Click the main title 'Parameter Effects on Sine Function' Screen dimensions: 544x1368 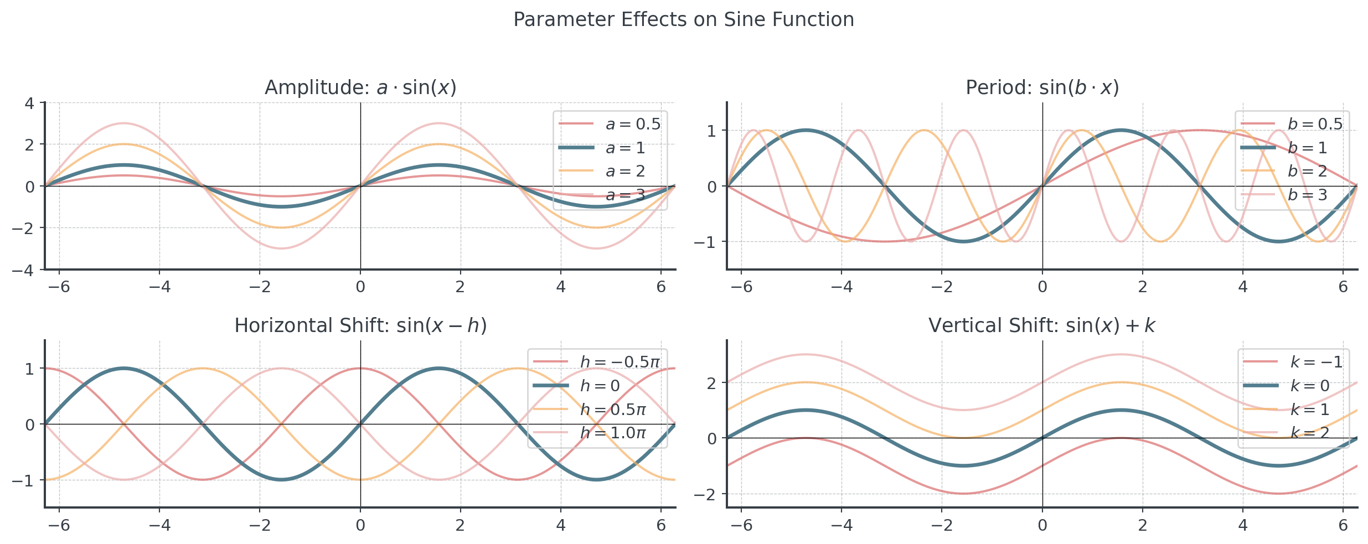pos(683,19)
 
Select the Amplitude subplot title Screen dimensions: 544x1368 pos(360,87)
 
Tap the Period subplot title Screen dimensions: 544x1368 pos(1042,87)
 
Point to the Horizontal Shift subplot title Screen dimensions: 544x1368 pos(360,325)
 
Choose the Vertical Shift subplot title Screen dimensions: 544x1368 pos(1042,325)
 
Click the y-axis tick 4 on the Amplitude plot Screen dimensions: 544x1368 pos(29,103)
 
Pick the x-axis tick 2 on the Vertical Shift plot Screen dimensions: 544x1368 pos(1143,525)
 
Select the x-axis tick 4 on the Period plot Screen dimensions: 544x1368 pos(1243,287)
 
